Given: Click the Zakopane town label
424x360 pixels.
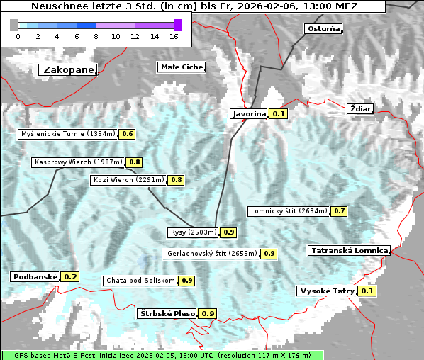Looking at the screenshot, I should coord(68,69).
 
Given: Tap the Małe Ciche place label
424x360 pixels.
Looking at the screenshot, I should coord(182,67).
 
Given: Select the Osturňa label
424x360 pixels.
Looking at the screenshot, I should coord(323,29).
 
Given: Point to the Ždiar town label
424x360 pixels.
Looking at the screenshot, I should coord(360,108).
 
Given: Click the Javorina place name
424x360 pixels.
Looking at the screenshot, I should coord(249,113).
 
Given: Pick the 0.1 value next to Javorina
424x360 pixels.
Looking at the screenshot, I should coord(279,113).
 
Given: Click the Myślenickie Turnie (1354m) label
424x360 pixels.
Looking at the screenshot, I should coord(68,133).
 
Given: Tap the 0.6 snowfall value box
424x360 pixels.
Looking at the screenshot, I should coord(128,133).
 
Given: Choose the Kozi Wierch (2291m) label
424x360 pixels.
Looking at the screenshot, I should coord(129,180).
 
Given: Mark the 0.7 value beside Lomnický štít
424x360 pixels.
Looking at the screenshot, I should coord(340,210).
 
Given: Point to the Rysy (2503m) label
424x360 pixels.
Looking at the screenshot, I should coord(193,232).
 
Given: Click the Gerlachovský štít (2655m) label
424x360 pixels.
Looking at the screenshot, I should coord(211,253).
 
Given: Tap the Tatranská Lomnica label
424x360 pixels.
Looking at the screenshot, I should coord(349,250).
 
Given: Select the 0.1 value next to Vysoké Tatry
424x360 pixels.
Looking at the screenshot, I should coord(367,291).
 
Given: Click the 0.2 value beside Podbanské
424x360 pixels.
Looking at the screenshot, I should coord(70,276).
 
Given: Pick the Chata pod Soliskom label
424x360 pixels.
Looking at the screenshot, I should coord(140,281).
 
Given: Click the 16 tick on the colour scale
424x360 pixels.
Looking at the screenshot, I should coord(174,35).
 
